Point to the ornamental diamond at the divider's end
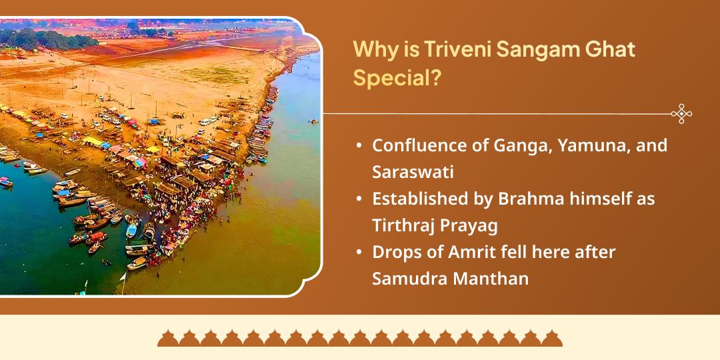pyautogui.click(x=681, y=114)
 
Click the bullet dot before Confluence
pyautogui.click(x=359, y=145)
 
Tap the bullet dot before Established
pyautogui.click(x=359, y=199)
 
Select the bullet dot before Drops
pyautogui.click(x=359, y=252)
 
